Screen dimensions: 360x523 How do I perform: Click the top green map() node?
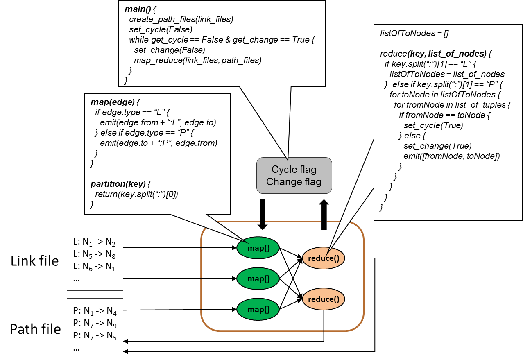coord(258,248)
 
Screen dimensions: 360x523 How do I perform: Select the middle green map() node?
coord(258,279)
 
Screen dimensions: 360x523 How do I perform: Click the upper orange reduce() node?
coord(324,258)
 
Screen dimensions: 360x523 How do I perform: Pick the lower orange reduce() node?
coord(324,299)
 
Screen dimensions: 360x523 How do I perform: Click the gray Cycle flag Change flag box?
coord(294,175)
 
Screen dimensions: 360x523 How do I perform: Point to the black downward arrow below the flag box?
coord(263,213)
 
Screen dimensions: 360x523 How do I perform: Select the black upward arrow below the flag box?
coord(324,213)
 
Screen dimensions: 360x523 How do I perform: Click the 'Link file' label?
coord(35,260)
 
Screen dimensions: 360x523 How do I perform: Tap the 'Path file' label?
coord(35,329)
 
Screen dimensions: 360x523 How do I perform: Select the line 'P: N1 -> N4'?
coord(93,312)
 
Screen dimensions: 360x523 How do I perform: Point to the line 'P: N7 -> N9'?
coord(93,324)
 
